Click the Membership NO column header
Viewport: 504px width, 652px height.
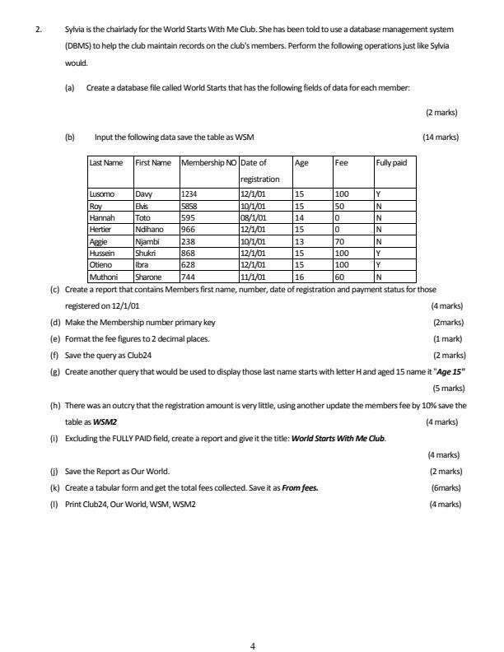click(x=208, y=163)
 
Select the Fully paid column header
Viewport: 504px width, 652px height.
click(x=391, y=163)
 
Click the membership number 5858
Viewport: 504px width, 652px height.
click(x=190, y=204)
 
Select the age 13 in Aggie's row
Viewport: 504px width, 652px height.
click(x=300, y=242)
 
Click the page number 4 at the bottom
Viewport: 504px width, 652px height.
click(x=252, y=623)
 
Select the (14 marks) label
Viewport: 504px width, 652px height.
click(x=440, y=137)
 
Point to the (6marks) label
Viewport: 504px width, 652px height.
click(x=444, y=487)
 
